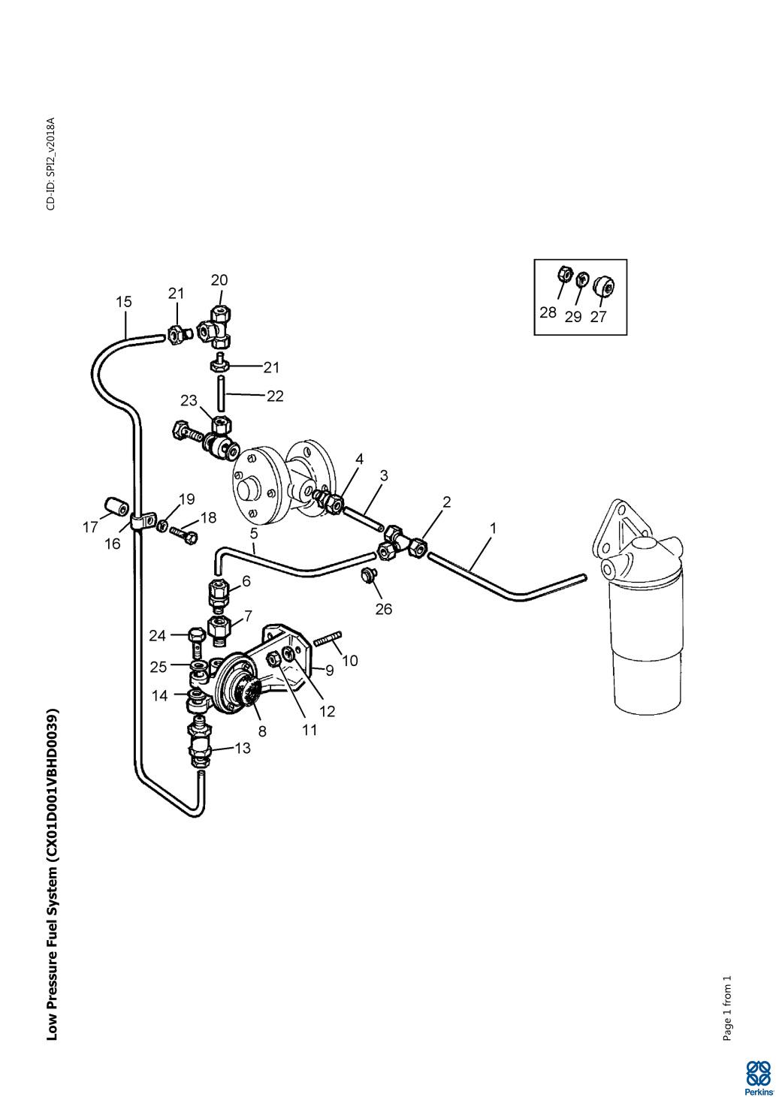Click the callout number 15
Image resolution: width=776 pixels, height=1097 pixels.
(124, 302)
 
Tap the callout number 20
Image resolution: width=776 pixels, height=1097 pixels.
(219, 280)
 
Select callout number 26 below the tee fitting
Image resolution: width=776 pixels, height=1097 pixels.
(383, 609)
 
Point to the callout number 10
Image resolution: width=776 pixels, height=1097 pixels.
(350, 661)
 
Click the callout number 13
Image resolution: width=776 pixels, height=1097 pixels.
(242, 748)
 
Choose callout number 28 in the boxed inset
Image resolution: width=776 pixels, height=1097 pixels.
(548, 312)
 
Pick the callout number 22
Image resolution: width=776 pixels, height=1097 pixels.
(275, 396)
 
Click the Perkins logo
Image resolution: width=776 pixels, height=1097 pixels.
(758, 1077)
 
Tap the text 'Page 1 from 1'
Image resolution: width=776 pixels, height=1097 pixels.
(727, 1008)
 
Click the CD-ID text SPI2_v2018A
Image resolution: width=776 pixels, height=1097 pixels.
(51, 164)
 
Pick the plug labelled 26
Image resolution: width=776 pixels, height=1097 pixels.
(368, 575)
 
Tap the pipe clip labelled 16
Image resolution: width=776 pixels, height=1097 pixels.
(140, 520)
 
